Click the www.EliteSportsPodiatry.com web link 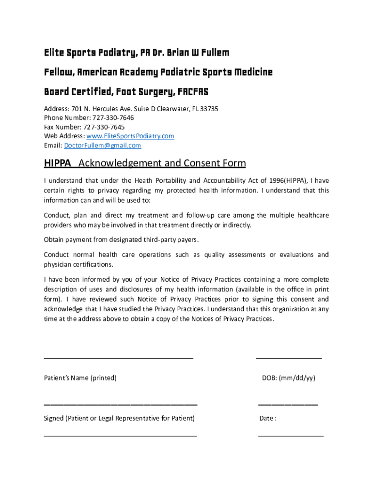click(x=130, y=136)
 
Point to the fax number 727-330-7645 click(x=105, y=127)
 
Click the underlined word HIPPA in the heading click(x=58, y=163)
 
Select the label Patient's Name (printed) click(x=80, y=378)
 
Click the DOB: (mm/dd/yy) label click(x=289, y=378)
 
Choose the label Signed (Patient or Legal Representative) click(x=119, y=418)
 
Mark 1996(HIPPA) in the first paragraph click(x=287, y=180)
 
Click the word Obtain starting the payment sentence click(x=53, y=240)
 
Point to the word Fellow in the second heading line click(x=58, y=73)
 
